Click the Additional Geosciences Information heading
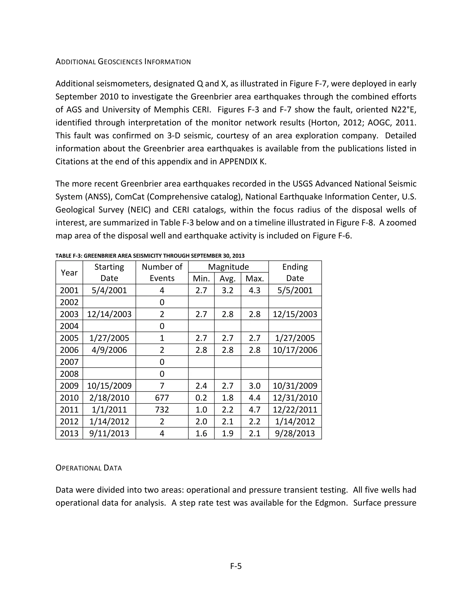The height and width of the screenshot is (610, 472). (x=123, y=62)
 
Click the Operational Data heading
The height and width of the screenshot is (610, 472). (x=89, y=468)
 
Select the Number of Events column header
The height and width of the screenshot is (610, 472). (x=162, y=272)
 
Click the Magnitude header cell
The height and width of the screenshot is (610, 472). (x=228, y=267)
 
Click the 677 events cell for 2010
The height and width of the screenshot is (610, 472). (x=162, y=398)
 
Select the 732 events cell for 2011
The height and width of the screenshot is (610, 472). (x=162, y=410)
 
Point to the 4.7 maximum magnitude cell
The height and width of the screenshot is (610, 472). (x=254, y=410)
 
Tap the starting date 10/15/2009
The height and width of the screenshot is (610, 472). (x=109, y=386)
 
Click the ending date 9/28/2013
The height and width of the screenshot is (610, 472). (x=295, y=433)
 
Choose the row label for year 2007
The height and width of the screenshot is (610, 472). (x=69, y=362)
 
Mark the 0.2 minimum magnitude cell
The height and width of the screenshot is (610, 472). (x=201, y=398)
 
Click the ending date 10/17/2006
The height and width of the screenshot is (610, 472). (x=295, y=350)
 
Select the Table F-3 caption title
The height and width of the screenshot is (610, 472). (x=150, y=256)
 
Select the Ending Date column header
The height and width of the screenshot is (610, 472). (x=295, y=272)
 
